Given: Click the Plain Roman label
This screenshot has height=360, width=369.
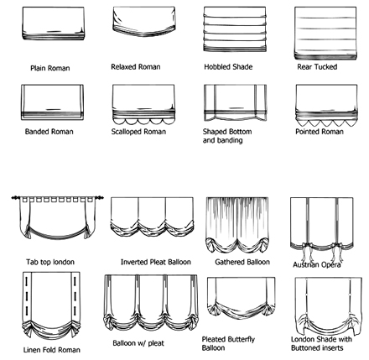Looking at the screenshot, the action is pos(50,68).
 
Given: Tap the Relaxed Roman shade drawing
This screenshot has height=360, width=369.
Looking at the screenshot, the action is pos(144,22).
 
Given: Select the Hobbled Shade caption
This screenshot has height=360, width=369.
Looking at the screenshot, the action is pos(228,67).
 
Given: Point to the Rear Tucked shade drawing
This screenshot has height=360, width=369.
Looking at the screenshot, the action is pos(325,34).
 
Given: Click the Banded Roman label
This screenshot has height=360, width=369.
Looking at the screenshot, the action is pos(49,132).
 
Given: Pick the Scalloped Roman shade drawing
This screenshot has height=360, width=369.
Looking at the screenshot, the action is pos(143,104).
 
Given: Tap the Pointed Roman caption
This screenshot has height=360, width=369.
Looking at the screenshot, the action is pos(320,132).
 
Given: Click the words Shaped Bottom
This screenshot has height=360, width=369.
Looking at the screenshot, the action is pos(227,132).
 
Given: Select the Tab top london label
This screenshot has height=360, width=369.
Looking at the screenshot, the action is pos(50,262).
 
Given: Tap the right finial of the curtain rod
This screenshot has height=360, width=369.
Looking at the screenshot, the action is pos(99,198).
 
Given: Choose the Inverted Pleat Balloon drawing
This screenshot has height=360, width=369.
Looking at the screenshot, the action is pos(152,217).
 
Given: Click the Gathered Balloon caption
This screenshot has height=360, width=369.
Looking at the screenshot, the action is pos(242,262).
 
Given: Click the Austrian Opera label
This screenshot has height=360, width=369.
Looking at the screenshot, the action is pos(317,264).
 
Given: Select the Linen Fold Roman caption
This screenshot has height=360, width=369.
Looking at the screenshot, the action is pos(52,350).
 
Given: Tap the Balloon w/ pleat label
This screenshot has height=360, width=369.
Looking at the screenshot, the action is pos(138,343).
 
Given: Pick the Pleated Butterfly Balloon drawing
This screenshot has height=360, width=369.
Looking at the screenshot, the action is pos(241,299).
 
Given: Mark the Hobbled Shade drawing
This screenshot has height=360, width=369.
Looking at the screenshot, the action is pos(235,29).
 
